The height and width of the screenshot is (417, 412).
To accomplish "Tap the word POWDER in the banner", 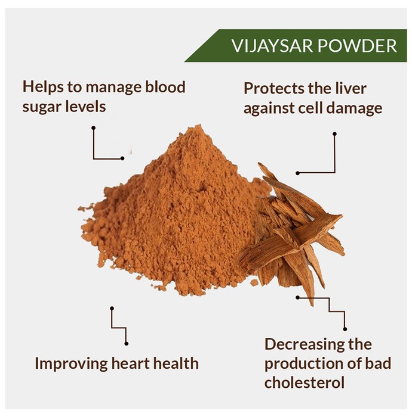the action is tap(358, 46).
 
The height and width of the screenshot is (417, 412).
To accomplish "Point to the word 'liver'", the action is tap(350, 88).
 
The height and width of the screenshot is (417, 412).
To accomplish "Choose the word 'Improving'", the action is tap(71, 364).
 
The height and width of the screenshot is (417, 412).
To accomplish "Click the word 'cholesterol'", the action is tap(305, 382).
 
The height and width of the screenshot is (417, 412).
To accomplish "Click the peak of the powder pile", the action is tap(198, 126).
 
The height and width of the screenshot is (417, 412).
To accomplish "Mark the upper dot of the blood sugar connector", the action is tap(93, 128).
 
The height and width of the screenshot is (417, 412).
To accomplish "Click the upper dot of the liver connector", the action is tap(334, 134).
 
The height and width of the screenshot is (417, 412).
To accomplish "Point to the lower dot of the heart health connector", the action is tap(127, 344).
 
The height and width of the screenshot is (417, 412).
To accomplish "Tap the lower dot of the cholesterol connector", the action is tap(345, 329).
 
